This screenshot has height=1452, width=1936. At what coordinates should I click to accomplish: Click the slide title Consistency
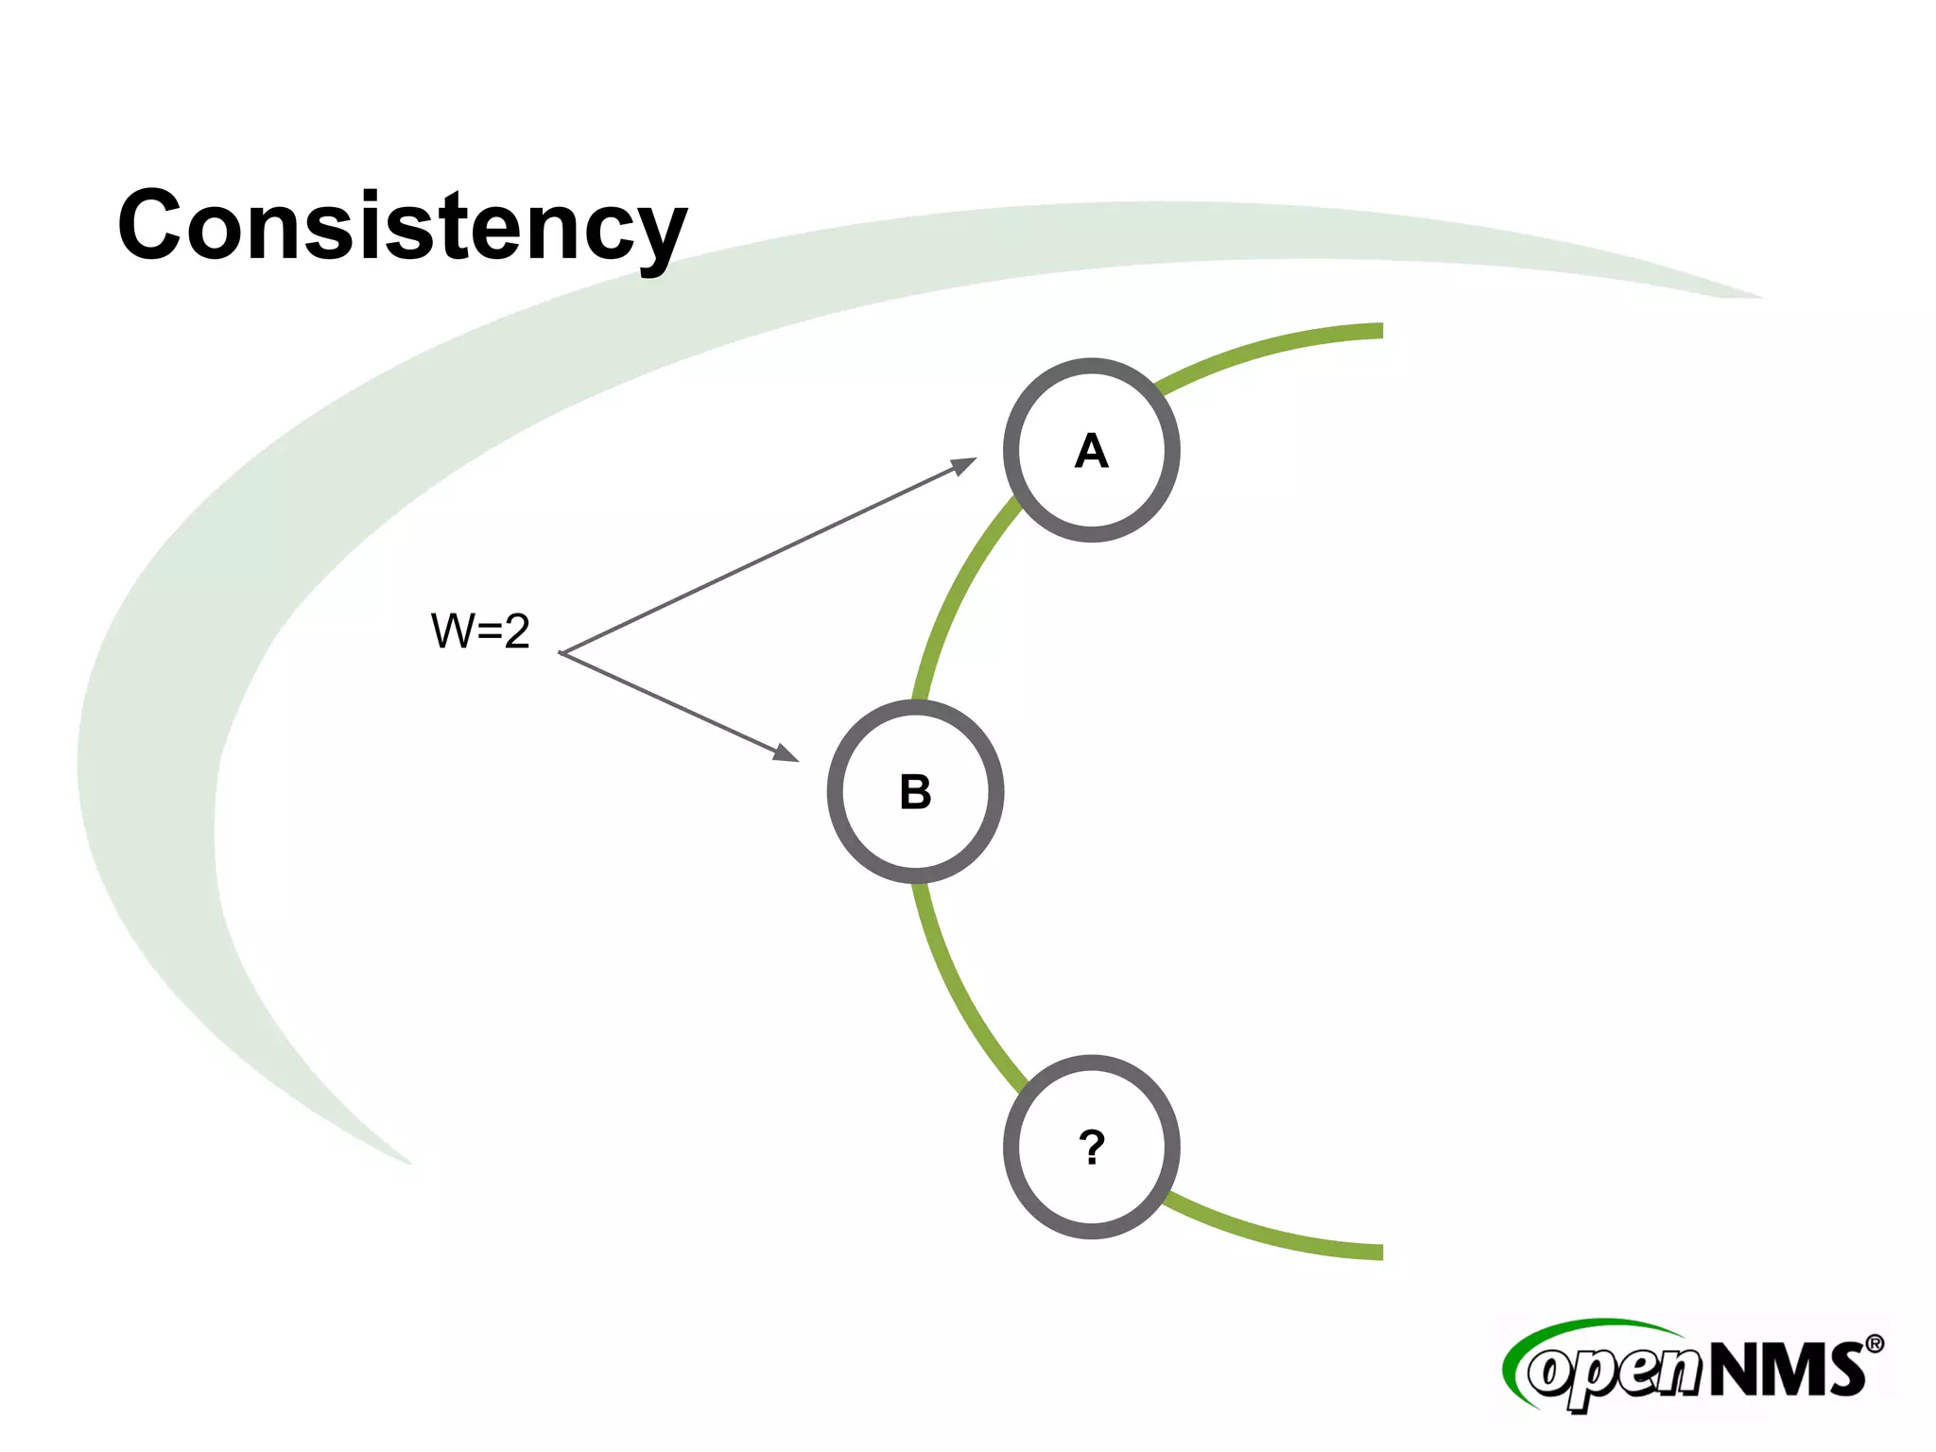(402, 227)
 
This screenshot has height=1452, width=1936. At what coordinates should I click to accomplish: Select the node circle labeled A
(1092, 450)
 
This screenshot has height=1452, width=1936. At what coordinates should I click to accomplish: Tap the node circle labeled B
(915, 791)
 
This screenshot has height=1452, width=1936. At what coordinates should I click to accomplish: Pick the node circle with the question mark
(1092, 1147)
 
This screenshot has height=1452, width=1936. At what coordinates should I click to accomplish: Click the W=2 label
(480, 631)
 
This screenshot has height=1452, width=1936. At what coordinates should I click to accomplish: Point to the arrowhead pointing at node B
(786, 753)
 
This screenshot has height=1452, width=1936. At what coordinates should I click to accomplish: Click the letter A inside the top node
(1092, 451)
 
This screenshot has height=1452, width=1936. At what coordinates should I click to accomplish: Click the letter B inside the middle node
(915, 792)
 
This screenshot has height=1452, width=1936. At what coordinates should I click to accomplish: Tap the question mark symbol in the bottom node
(1092, 1148)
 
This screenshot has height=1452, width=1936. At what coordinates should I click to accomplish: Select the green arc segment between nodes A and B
(955, 596)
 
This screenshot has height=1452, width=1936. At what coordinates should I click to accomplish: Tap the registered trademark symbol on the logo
(1875, 1343)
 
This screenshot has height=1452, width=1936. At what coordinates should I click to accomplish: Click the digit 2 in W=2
(516, 631)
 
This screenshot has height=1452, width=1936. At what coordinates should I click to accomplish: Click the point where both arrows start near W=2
(561, 652)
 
